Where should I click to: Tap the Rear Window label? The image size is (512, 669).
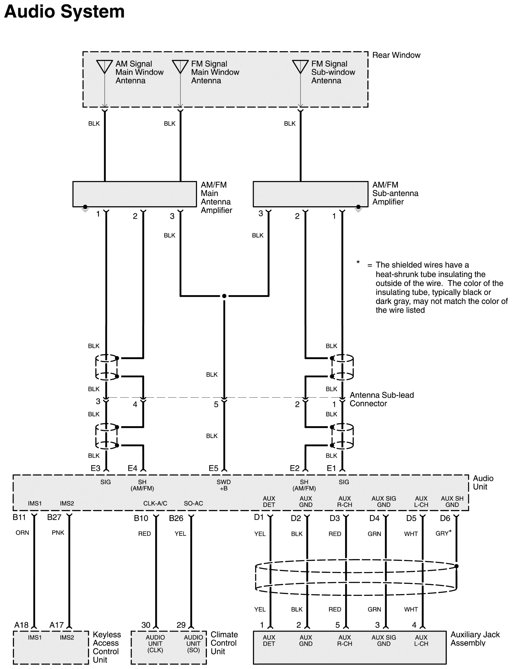(x=396, y=55)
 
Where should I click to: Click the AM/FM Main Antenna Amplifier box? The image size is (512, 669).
(x=134, y=194)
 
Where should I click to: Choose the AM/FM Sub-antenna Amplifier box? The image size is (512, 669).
(x=310, y=194)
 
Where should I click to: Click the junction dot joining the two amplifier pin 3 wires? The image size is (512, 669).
(x=224, y=296)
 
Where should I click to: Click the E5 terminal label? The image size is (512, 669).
(x=213, y=468)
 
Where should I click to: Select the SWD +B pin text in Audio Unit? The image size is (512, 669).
(x=224, y=485)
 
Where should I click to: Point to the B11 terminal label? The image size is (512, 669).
(x=19, y=517)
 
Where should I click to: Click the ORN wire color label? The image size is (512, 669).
(x=22, y=533)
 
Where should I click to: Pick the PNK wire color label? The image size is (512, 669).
(x=58, y=533)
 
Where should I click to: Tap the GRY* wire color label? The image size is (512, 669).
(x=443, y=533)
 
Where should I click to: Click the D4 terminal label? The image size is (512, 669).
(x=374, y=518)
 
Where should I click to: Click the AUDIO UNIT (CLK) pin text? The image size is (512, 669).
(x=155, y=643)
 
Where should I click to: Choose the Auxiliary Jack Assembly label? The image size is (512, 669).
(x=475, y=639)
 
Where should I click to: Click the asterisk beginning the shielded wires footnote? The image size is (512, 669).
(x=358, y=262)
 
